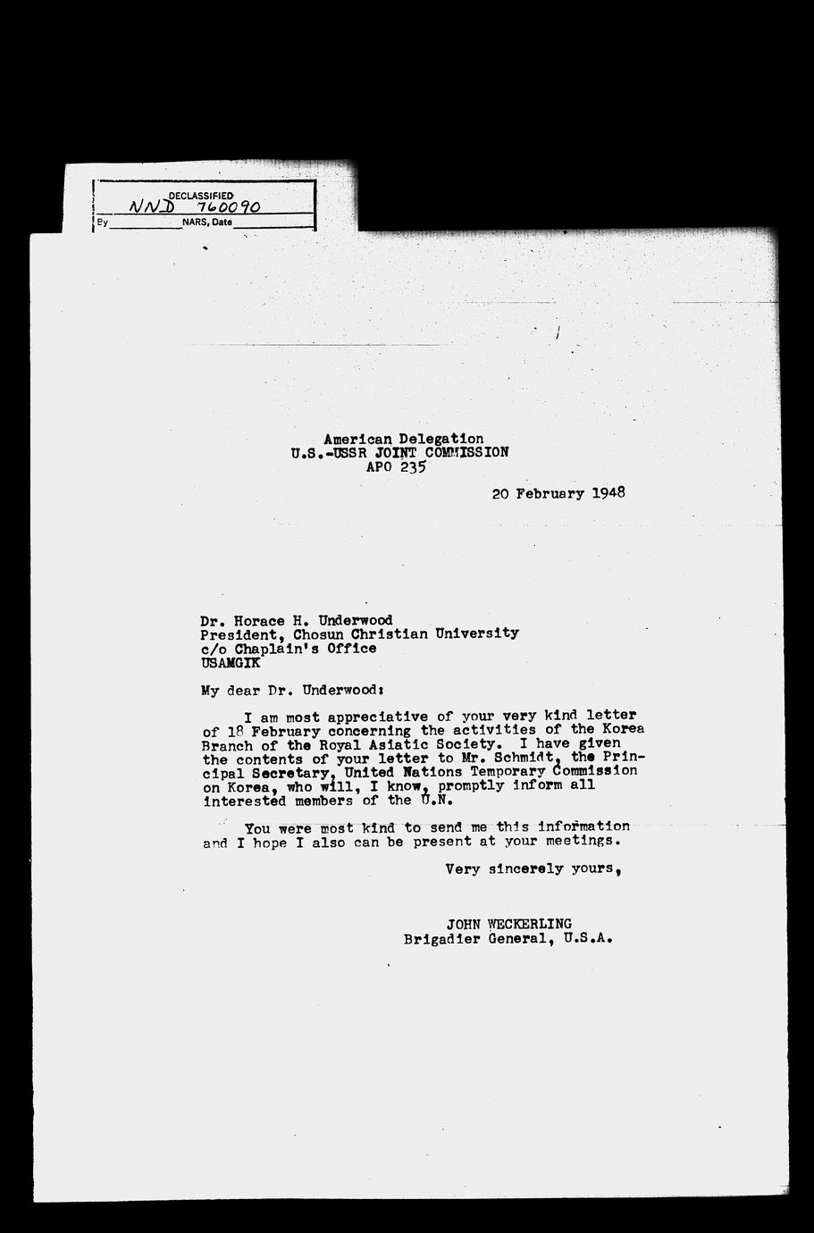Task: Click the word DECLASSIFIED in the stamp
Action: pyautogui.click(x=201, y=195)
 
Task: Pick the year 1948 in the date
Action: pyautogui.click(x=608, y=492)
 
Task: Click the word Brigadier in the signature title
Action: pyautogui.click(x=440, y=939)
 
